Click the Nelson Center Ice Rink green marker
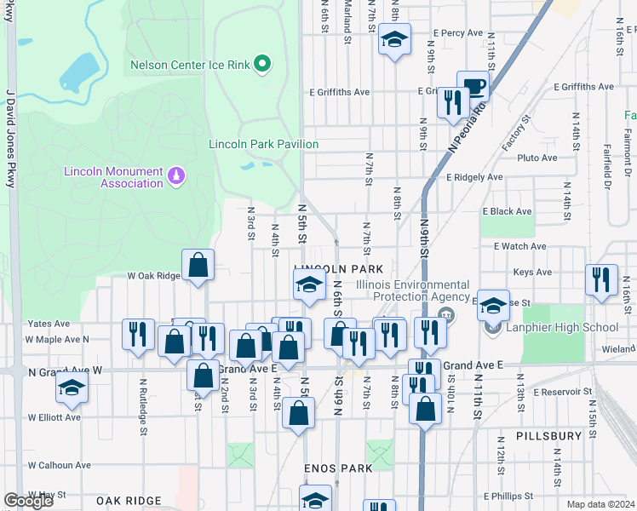pyautogui.click(x=263, y=63)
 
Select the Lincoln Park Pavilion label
pyautogui.click(x=263, y=145)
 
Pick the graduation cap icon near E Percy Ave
pyautogui.click(x=393, y=41)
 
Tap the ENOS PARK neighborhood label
pyautogui.click(x=338, y=468)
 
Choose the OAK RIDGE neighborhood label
pyautogui.click(x=129, y=501)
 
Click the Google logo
pyautogui.click(x=28, y=501)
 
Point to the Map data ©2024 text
pyautogui.click(x=600, y=504)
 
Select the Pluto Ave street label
pyautogui.click(x=537, y=158)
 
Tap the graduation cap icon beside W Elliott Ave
pyautogui.click(x=72, y=388)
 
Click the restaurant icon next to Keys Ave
pyautogui.click(x=601, y=280)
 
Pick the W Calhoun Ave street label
pyautogui.click(x=59, y=465)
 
